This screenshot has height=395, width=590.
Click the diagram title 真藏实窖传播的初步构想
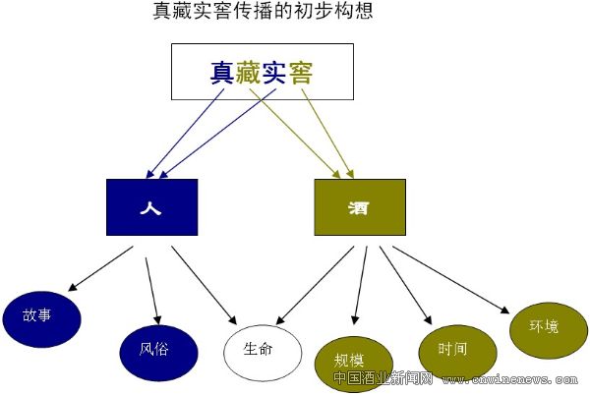pyautogui.click(x=264, y=13)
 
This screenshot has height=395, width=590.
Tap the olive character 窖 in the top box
pyautogui.click(x=309, y=72)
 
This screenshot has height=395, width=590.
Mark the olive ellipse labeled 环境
pyautogui.click(x=544, y=325)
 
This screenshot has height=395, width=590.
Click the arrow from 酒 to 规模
pyautogui.click(x=361, y=285)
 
